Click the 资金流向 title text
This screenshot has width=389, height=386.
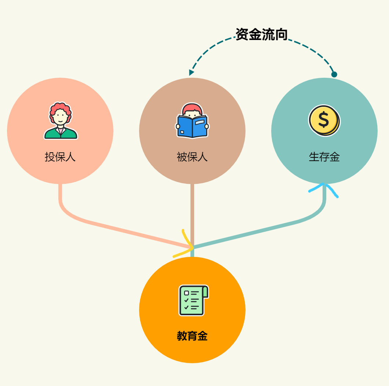[x=261, y=34]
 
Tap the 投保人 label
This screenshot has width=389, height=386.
[x=60, y=157]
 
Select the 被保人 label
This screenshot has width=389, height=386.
[x=192, y=157]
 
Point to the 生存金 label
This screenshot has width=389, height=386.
[x=324, y=157]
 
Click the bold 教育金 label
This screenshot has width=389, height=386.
[x=192, y=336]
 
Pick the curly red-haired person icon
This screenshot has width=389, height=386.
[x=61, y=121]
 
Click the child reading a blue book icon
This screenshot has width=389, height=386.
[x=192, y=121]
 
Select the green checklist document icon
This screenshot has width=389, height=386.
[x=193, y=300]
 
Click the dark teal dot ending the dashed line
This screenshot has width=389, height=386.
[x=334, y=74]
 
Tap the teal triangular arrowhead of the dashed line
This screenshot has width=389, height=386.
[x=191, y=72]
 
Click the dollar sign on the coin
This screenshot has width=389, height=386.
[x=323, y=120]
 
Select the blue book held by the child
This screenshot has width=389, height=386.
[x=192, y=127]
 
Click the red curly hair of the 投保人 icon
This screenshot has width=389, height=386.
[x=61, y=109]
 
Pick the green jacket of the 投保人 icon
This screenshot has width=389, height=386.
[x=61, y=134]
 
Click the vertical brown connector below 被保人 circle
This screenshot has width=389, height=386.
[x=192, y=213]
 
